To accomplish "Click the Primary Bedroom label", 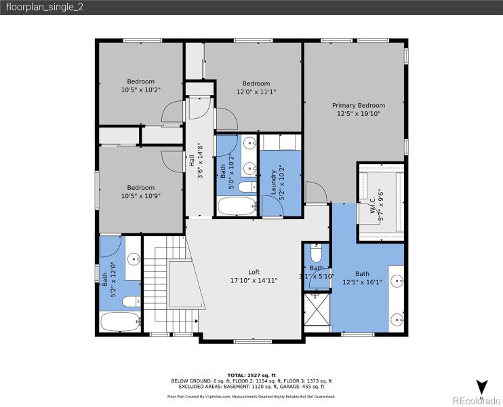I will [x=358, y=105].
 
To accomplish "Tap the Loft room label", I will [x=254, y=271].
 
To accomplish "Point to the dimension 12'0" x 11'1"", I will [x=256, y=92].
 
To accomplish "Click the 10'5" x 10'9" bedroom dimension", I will [x=141, y=195].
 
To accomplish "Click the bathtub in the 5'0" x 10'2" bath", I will [x=236, y=206].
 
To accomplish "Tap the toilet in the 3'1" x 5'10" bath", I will [x=316, y=254].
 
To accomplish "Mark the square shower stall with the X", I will [x=316, y=309].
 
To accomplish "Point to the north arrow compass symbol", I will [x=481, y=388].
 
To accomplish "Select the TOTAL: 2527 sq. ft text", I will [x=251, y=375].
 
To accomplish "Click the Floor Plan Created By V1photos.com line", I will [x=251, y=396].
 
